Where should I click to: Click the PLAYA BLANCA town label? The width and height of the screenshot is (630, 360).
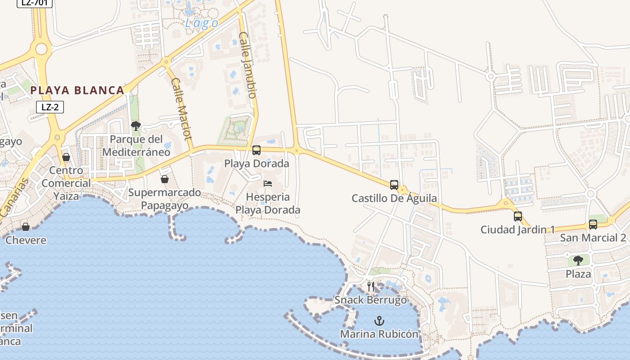click(77, 90)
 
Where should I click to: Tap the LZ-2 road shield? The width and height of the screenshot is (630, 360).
click(50, 107)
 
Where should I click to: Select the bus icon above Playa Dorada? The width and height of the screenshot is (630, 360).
click(256, 150)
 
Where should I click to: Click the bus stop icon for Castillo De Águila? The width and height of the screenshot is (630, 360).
click(394, 184)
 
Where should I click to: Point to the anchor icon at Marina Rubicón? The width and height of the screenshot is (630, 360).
click(379, 321)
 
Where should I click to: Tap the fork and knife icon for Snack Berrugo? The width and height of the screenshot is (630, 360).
click(371, 287)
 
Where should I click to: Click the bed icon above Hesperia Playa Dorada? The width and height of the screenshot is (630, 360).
click(268, 184)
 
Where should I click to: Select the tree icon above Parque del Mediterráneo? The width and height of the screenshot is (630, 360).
click(136, 126)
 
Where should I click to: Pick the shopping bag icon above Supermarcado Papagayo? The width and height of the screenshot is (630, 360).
click(165, 179)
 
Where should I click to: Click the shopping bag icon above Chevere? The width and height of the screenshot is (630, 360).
click(26, 227)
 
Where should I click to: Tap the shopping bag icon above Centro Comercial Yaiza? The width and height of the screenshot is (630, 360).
click(66, 157)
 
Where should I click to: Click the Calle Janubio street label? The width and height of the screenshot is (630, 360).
click(248, 65)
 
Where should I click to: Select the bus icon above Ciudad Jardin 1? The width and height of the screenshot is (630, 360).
click(517, 216)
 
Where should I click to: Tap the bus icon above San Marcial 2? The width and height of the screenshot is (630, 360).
click(593, 224)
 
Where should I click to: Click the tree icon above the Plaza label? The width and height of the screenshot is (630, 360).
click(578, 260)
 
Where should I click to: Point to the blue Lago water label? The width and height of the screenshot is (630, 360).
click(202, 23)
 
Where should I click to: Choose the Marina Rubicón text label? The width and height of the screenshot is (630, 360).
click(379, 334)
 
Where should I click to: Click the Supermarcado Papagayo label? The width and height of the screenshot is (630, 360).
click(165, 199)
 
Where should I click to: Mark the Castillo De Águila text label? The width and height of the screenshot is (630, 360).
click(394, 198)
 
